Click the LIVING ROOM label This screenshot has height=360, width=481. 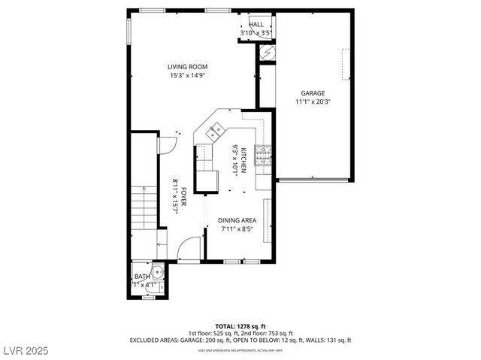point(187,67)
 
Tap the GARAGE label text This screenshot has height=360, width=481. point(313,92)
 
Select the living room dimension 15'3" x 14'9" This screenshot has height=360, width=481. point(187,75)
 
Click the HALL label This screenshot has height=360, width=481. point(256,25)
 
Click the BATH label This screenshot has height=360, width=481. point(142,277)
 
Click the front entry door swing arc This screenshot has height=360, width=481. point(191,249)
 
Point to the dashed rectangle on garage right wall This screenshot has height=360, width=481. point(346,64)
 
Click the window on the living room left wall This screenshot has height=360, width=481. point(129,31)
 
